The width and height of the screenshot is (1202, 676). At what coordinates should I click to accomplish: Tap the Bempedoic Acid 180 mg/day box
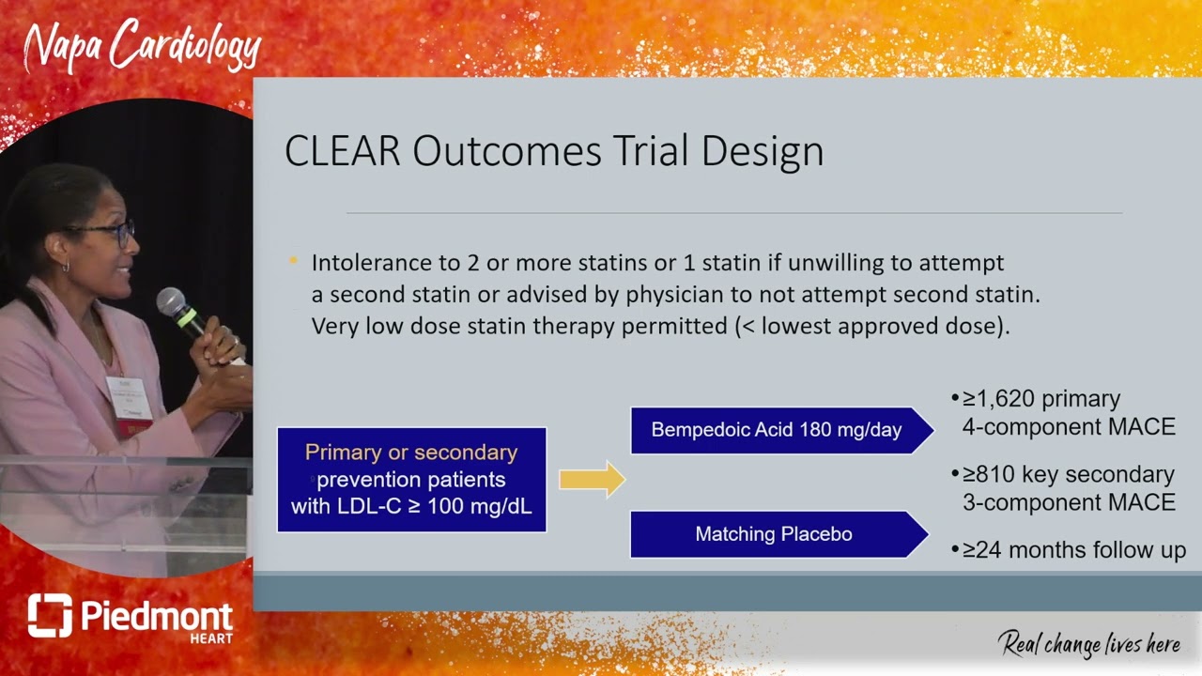[777, 430]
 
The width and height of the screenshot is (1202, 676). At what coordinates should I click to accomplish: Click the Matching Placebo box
[774, 534]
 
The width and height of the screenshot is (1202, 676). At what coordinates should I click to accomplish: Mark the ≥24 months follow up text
[1073, 550]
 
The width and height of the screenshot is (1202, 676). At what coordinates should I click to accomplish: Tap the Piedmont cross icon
[49, 616]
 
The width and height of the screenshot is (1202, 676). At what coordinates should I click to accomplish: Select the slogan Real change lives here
[1088, 644]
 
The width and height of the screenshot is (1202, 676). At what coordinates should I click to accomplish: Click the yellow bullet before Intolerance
[294, 261]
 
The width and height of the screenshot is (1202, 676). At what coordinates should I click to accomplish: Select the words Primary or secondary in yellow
[411, 453]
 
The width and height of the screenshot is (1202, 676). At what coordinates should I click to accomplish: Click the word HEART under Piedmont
[211, 639]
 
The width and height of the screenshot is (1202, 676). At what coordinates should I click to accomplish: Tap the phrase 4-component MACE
[1069, 427]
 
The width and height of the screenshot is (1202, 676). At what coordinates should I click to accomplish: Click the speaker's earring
[67, 267]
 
